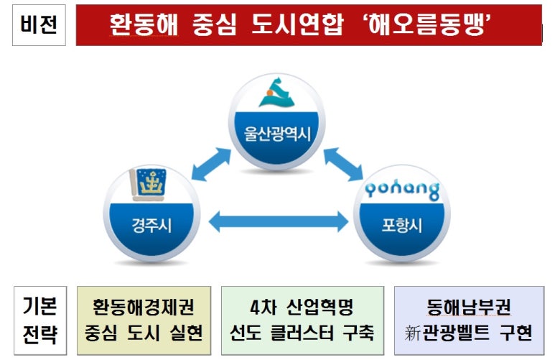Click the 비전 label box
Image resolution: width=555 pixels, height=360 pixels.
39,25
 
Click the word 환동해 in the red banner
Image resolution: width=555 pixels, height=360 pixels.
144,25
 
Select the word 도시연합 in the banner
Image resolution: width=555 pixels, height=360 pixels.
297,25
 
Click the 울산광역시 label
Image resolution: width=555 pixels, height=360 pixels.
277,134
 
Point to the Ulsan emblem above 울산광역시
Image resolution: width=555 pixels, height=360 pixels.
276,92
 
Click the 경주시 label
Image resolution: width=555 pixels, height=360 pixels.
151,226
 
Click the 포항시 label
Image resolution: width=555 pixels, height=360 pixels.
402,225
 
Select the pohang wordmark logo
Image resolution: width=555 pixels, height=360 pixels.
402,190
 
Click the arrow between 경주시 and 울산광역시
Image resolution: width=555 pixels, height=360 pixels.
211,165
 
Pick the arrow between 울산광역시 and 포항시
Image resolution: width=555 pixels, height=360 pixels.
343,165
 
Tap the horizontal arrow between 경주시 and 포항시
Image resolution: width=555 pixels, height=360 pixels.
279,222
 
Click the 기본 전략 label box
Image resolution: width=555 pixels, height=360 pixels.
40,320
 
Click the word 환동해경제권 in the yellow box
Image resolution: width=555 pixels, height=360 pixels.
144,307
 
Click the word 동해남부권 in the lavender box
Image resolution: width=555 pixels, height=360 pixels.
469,307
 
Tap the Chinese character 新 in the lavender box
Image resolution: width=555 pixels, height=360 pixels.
412,333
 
